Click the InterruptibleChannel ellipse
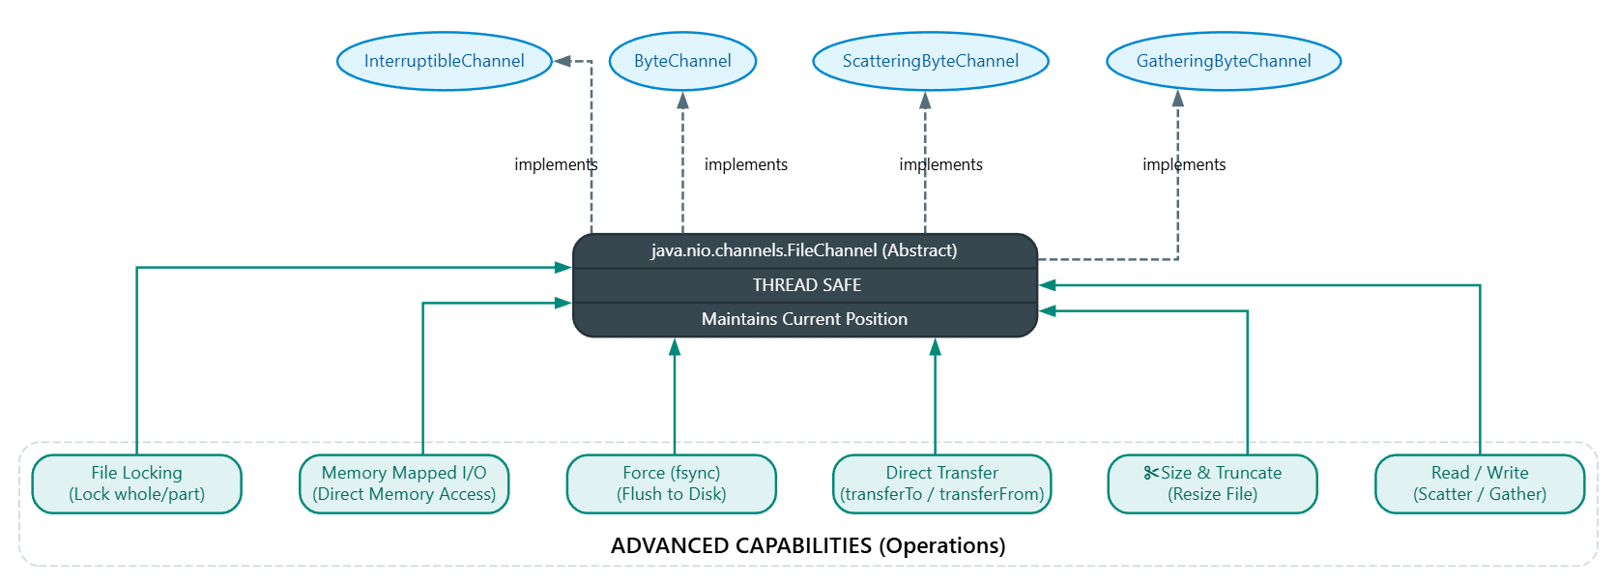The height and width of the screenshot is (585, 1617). pyautogui.click(x=444, y=61)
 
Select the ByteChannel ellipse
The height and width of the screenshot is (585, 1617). pyautogui.click(x=682, y=61)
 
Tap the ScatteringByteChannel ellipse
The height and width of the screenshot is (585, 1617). pyautogui.click(x=931, y=61)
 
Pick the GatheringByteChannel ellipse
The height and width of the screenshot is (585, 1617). pyautogui.click(x=1224, y=61)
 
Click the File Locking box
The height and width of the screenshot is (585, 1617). pyautogui.click(x=136, y=483)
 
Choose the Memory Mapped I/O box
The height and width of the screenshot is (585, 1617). pyautogui.click(x=404, y=483)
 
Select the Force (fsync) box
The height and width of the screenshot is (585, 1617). pyautogui.click(x=672, y=483)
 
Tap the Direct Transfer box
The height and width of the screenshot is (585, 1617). pyautogui.click(x=942, y=483)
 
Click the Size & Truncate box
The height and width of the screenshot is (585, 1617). pyautogui.click(x=1213, y=483)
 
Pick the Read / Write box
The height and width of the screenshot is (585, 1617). pyautogui.click(x=1480, y=483)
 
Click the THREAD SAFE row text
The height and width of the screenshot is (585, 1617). pyautogui.click(x=807, y=285)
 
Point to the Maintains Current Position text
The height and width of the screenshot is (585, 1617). pyautogui.click(x=804, y=319)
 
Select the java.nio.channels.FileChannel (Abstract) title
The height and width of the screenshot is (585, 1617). pyautogui.click(x=804, y=250)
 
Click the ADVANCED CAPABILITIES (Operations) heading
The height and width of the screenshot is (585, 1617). pyautogui.click(x=808, y=545)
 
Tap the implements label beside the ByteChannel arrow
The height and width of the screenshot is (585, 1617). pyautogui.click(x=746, y=164)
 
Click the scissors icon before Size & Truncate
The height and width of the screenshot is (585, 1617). pyautogui.click(x=1150, y=473)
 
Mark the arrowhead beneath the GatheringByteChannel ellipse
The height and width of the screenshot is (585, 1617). pyautogui.click(x=1177, y=99)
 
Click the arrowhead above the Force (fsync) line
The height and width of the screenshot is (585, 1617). pyautogui.click(x=675, y=347)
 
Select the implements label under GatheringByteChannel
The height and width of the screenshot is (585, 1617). pyautogui.click(x=1184, y=164)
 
